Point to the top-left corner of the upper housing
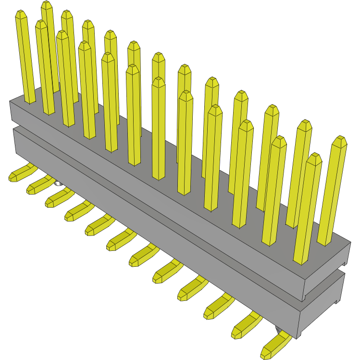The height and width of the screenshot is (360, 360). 11,101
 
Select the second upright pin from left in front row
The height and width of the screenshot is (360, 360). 45,67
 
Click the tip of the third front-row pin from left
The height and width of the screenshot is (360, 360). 62,34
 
